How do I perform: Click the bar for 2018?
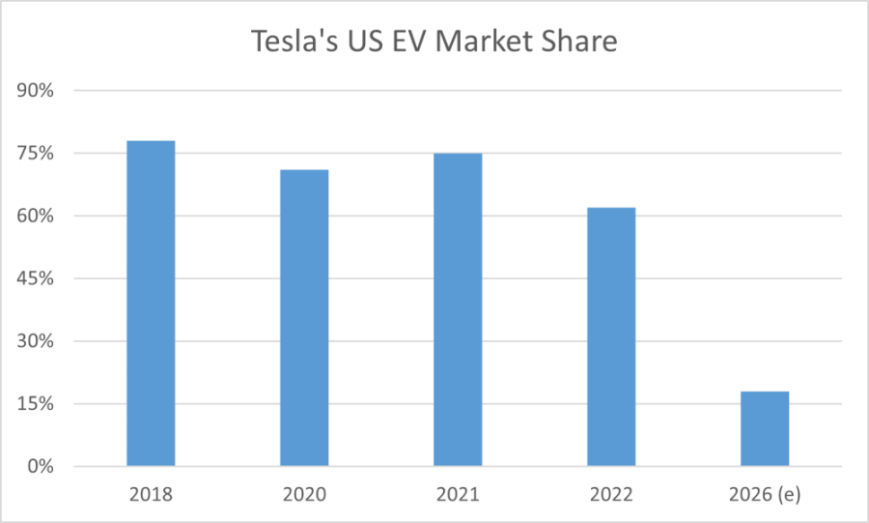pyautogui.click(x=151, y=304)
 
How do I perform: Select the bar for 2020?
pyautogui.click(x=304, y=318)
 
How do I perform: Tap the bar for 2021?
pyautogui.click(x=458, y=309)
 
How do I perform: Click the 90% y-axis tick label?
pyautogui.click(x=35, y=91)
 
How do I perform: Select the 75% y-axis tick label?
pyautogui.click(x=35, y=154)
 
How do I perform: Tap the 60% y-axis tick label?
pyautogui.click(x=35, y=216)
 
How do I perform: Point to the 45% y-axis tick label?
pyautogui.click(x=35, y=278)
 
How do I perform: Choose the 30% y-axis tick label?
pyautogui.click(x=35, y=341)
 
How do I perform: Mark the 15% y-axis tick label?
pyautogui.click(x=35, y=404)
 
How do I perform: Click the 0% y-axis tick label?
pyautogui.click(x=40, y=467)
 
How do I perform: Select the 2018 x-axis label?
pyautogui.click(x=151, y=494)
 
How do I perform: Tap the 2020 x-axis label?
pyautogui.click(x=304, y=494)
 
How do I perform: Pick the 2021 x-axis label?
pyautogui.click(x=458, y=494)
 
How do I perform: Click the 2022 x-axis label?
pyautogui.click(x=611, y=494)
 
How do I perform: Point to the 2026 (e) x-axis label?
pyautogui.click(x=765, y=494)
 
